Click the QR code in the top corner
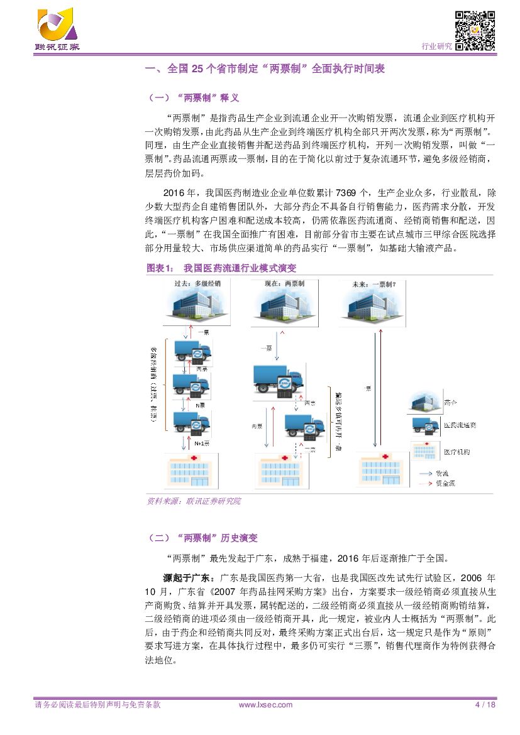coord(474,31)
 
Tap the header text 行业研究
coord(436,46)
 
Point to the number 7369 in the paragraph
coord(350,192)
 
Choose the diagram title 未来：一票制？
coord(375,283)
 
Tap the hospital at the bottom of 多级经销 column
coord(187,471)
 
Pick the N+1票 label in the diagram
coord(201,443)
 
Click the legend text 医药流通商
coord(460,425)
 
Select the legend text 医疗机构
coord(457,452)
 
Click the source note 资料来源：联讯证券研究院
coord(193,501)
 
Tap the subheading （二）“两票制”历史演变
coord(201,538)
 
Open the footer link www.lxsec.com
coord(266,705)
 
